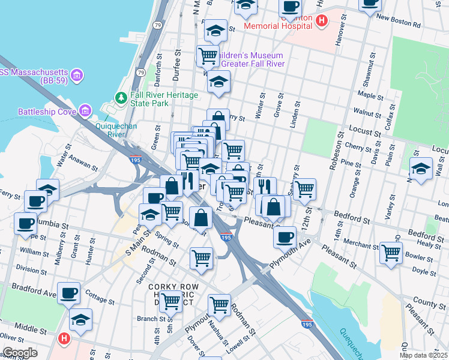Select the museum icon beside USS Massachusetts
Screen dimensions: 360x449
[77, 75]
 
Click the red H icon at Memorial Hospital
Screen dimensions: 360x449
[322, 21]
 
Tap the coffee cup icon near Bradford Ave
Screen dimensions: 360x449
[68, 292]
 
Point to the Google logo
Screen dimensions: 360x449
[20, 353]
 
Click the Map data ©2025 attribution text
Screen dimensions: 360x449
[423, 355]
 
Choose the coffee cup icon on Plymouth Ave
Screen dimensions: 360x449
[285, 236]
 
